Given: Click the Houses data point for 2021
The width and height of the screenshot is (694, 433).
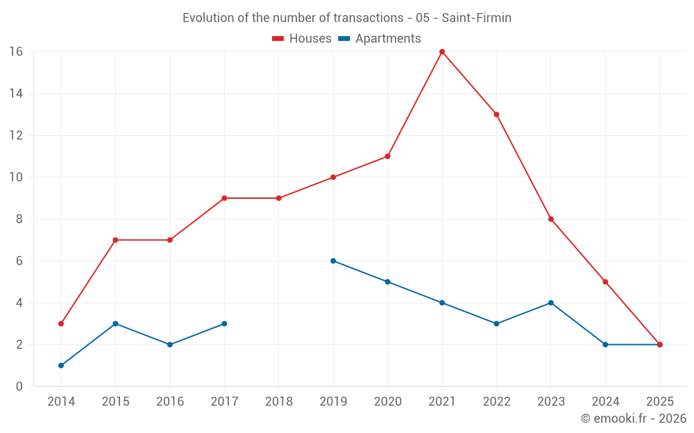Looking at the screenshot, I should pos(442,52).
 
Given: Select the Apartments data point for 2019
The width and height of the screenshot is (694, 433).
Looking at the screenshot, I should pos(333,261).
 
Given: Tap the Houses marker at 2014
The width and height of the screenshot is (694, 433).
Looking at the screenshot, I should pos(61,324).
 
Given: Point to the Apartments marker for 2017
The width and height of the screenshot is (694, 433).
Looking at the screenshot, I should pos(224,324).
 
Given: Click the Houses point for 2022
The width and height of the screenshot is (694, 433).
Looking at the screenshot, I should pos(496,114).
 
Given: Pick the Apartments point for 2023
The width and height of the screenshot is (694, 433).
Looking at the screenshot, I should pos(551,303).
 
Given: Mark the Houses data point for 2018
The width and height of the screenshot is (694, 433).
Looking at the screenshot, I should pos(279,198).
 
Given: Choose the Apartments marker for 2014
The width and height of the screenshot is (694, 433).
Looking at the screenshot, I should pos(61,365).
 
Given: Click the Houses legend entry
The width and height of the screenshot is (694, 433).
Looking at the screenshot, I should pos(302,39).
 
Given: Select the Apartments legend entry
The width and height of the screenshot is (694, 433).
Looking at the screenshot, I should pos(379,39).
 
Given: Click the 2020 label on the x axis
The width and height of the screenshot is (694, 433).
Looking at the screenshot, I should pos(387,401).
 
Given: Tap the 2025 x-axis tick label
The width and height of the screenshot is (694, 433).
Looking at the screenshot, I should pos(659,401).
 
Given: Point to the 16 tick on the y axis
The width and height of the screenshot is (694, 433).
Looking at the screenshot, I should pos(16,52).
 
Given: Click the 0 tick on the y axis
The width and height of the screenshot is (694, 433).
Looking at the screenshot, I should pos(19,387).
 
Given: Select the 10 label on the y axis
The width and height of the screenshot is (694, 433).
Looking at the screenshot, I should pos(16,177).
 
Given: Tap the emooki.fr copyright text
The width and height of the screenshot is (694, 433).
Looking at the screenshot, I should pos(634,418).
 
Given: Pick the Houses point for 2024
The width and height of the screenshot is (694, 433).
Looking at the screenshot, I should pos(605,282).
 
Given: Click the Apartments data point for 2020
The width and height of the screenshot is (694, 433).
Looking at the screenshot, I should pos(387,282).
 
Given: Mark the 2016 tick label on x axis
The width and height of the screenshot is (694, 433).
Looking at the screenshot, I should pos(170,401).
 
